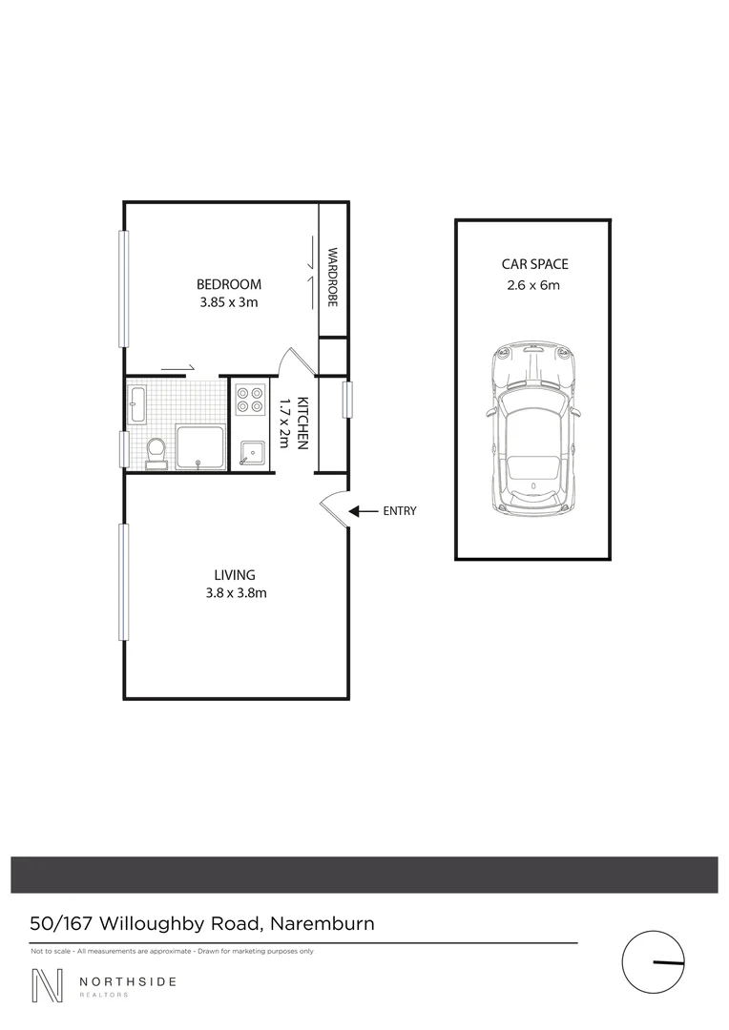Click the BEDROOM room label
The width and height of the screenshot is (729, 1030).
pyautogui.click(x=228, y=284)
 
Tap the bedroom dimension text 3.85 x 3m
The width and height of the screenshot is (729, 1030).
pyautogui.click(x=228, y=302)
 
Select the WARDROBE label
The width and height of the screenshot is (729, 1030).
pyautogui.click(x=333, y=278)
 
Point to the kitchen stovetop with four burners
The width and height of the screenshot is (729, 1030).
pyautogui.click(x=250, y=399)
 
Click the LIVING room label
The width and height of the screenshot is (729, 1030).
pyautogui.click(x=235, y=575)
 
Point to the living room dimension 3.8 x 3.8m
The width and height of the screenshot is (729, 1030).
pyautogui.click(x=235, y=593)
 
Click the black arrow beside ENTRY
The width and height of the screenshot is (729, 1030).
pyautogui.click(x=362, y=511)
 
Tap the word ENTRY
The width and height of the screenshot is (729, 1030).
pyautogui.click(x=399, y=511)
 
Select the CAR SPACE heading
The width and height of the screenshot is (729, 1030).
pyautogui.click(x=534, y=264)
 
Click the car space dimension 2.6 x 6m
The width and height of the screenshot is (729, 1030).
pyautogui.click(x=534, y=284)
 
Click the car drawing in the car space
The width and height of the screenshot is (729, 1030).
pyautogui.click(x=532, y=429)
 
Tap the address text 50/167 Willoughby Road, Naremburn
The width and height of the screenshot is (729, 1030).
pyautogui.click(x=202, y=923)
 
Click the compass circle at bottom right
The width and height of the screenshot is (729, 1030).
pyautogui.click(x=655, y=961)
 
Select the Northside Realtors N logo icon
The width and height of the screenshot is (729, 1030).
pyautogui.click(x=47, y=985)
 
